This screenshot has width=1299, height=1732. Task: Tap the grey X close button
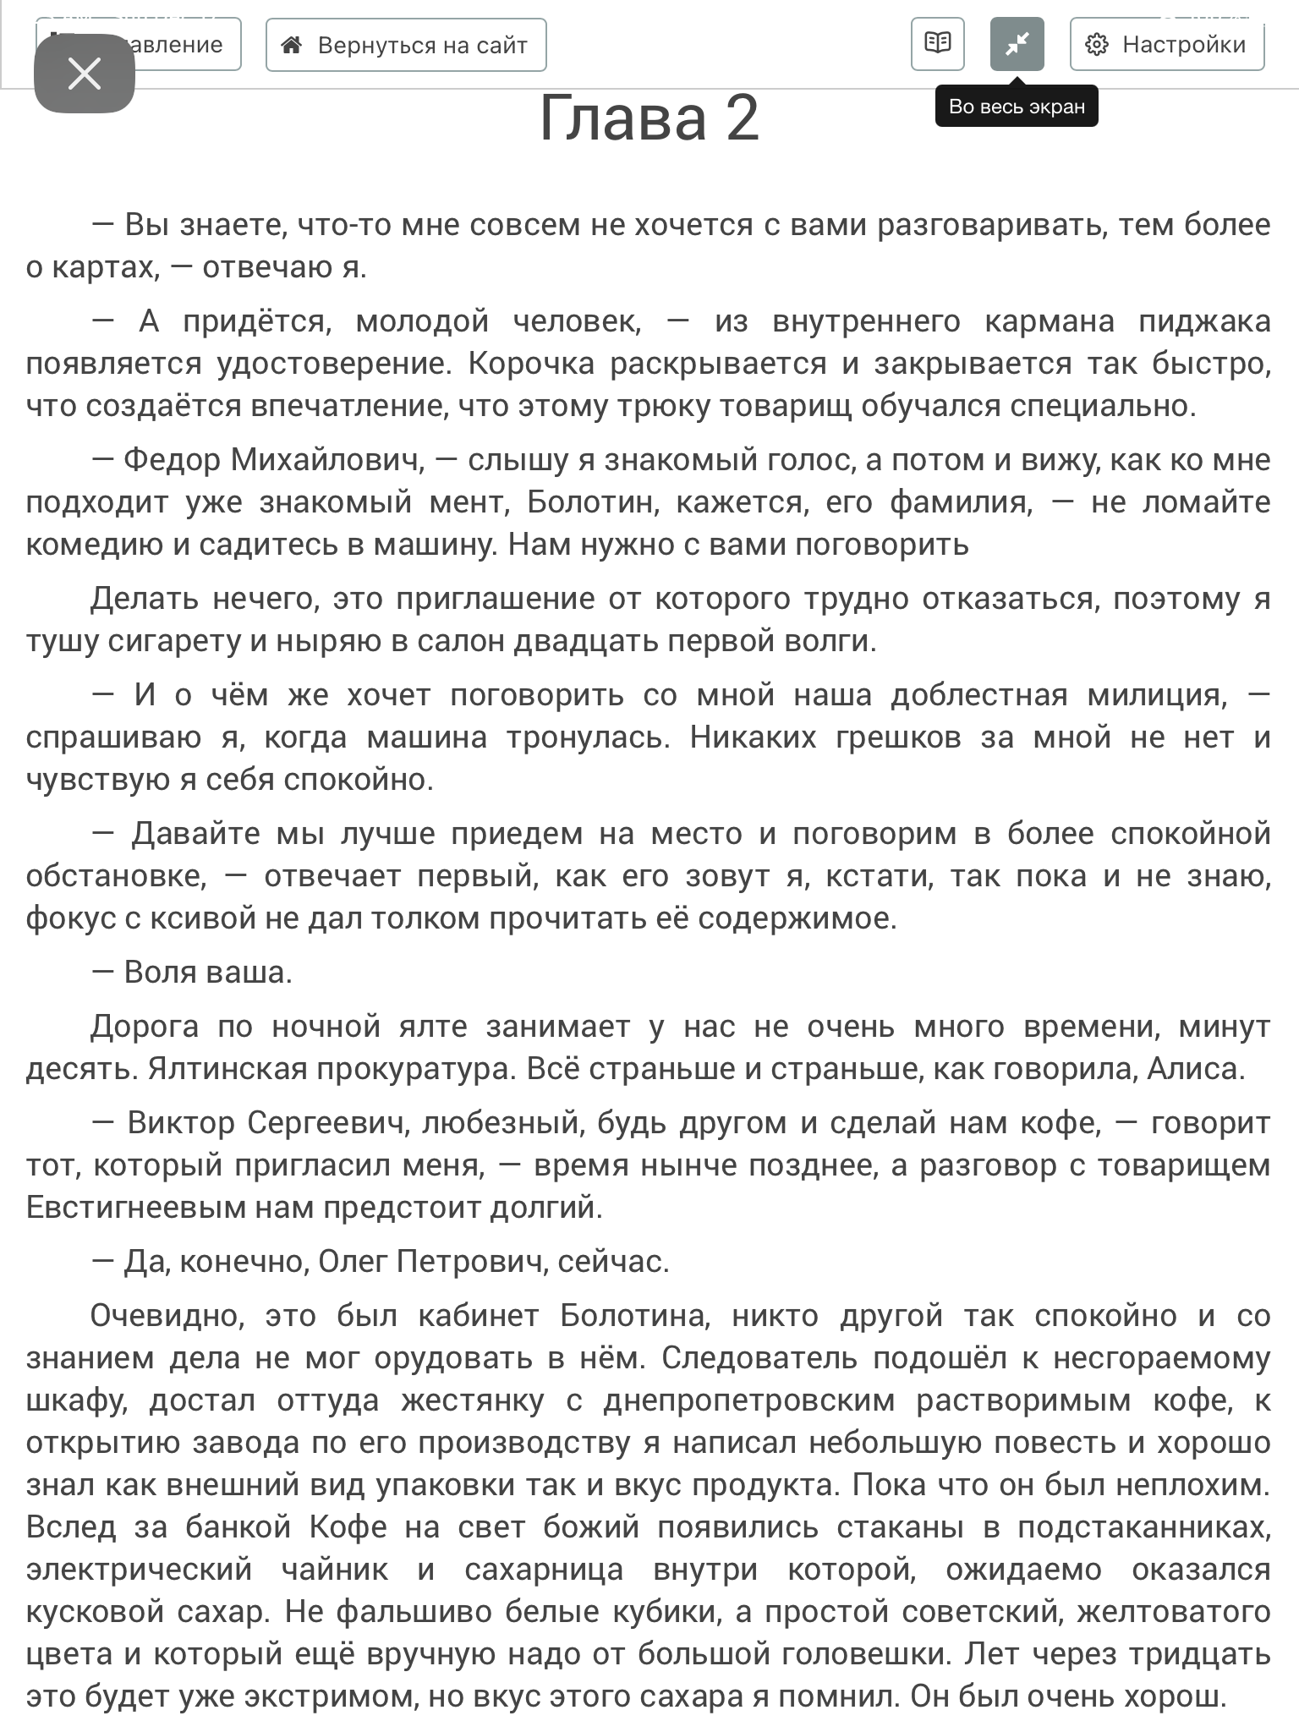[85, 74]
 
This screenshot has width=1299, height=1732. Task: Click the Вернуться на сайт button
[406, 45]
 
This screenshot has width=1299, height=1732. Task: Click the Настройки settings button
[1166, 45]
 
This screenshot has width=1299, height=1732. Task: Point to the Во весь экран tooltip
[1016, 107]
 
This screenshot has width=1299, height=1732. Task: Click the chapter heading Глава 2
[649, 118]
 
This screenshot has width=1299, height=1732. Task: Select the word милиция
[1156, 695]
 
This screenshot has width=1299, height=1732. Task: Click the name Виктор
[181, 1123]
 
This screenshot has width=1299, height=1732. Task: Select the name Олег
[353, 1262]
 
